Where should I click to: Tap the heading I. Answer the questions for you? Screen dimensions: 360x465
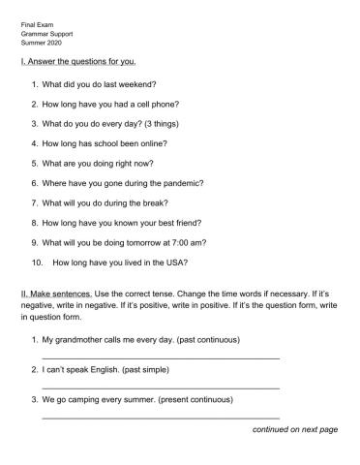pyautogui.click(x=79, y=61)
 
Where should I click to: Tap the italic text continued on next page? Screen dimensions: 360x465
pyautogui.click(x=294, y=428)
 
